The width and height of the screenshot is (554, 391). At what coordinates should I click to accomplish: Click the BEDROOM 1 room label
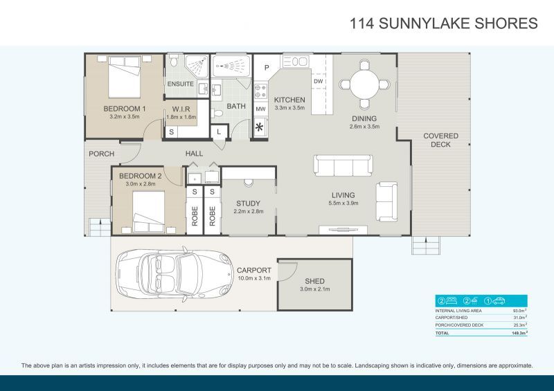tap(125, 109)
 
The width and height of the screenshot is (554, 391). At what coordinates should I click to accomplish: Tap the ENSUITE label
tap(180, 84)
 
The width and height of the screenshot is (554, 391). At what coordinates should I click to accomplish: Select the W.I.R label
tap(181, 109)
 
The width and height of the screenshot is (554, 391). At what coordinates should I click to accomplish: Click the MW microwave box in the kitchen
tap(261, 109)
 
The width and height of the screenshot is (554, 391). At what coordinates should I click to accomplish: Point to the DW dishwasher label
tap(319, 82)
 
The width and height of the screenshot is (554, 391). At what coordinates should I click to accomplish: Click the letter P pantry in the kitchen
tap(266, 67)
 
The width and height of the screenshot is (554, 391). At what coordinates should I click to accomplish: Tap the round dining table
tap(364, 83)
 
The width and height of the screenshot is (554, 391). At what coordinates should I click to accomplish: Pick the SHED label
tap(314, 281)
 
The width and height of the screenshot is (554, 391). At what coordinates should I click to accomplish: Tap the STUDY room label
tap(248, 203)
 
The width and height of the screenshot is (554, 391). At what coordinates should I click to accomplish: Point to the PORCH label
tap(102, 154)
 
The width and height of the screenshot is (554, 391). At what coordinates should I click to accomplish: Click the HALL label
tap(193, 154)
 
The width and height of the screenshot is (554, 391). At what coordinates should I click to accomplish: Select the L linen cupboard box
tap(220, 131)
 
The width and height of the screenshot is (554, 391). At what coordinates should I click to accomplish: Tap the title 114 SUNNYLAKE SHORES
tap(444, 24)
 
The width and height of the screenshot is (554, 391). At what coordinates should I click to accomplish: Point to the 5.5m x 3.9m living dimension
tap(343, 203)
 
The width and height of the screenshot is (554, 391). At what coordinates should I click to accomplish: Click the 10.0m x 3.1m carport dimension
tap(253, 278)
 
